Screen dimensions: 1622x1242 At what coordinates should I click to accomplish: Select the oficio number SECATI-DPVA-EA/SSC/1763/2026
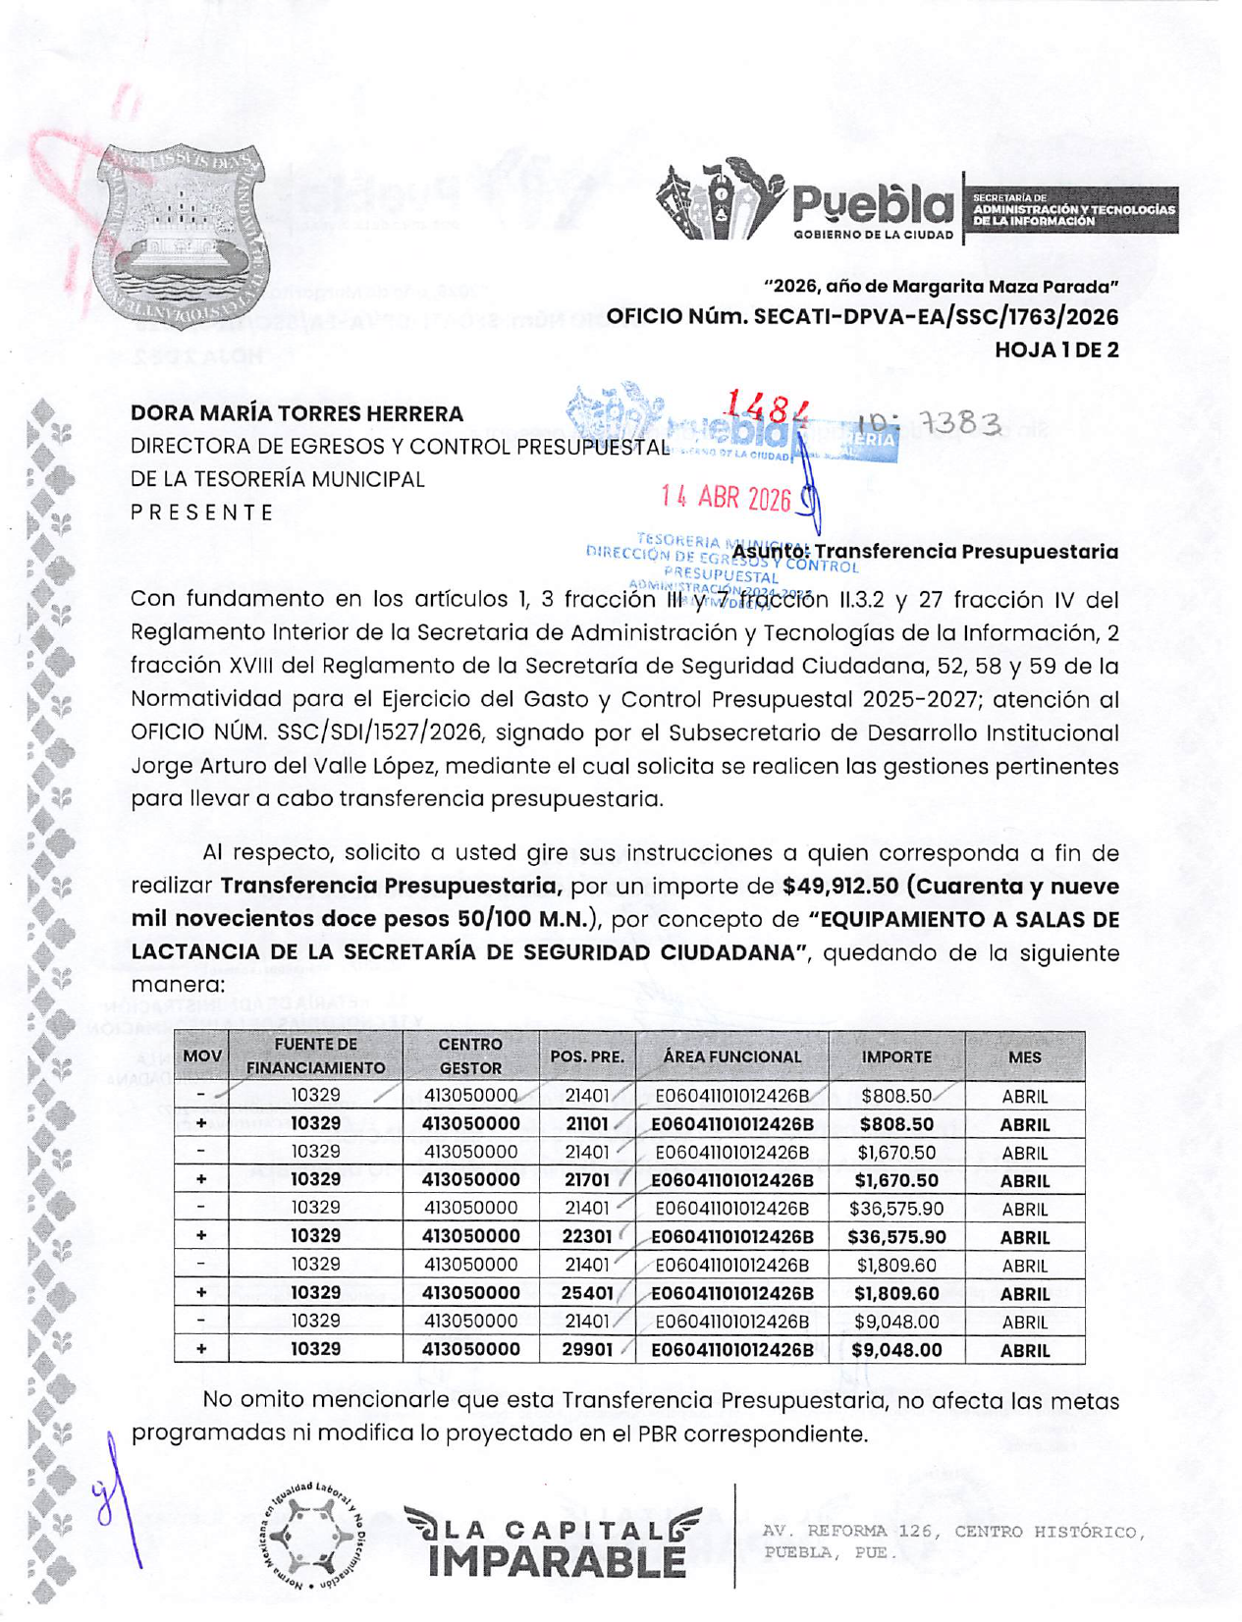coord(862,317)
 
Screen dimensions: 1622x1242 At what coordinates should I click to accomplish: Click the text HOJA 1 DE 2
coord(1056,351)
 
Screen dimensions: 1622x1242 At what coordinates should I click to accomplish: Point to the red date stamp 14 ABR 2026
coord(727,499)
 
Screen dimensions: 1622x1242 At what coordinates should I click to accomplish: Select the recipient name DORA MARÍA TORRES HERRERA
coord(297,414)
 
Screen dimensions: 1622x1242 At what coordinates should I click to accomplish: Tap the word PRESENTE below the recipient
coord(203,513)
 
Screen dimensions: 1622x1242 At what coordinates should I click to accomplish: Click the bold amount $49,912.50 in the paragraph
coord(840,886)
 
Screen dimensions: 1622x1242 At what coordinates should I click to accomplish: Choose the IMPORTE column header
coord(896,1057)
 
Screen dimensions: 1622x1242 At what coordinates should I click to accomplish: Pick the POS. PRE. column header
coord(587,1057)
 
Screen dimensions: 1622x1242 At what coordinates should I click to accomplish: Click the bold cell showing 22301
coord(587,1237)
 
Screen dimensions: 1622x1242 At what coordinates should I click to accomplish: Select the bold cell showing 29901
coord(587,1350)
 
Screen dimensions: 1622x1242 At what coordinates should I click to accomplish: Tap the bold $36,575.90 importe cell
coord(896,1237)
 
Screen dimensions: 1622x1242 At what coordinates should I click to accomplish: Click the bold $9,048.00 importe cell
coord(896,1350)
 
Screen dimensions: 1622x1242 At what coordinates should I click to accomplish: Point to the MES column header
coord(1025,1057)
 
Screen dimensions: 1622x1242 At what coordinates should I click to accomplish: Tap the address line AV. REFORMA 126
coord(952,1532)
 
